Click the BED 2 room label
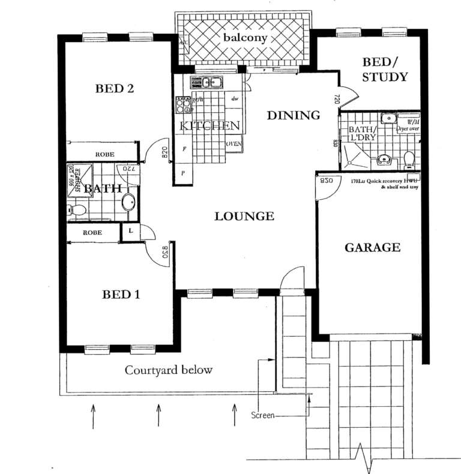coord(115,89)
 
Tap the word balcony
coord(245,37)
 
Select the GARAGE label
coord(372,247)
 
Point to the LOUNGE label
coord(244,217)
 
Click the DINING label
coord(293,115)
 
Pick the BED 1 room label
coord(121,295)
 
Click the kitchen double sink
coord(207,82)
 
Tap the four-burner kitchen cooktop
coord(184,106)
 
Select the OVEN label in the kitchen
coord(234,144)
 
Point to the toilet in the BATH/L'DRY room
coord(409,160)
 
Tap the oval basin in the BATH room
coord(128,202)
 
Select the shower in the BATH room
coord(77,178)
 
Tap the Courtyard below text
coord(168,370)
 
